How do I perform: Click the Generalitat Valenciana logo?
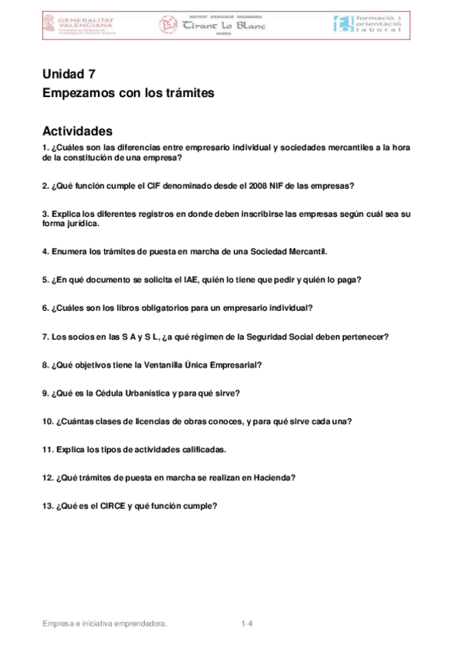click(x=79, y=25)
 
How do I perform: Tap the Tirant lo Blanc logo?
click(x=212, y=25)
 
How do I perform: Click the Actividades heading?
click(x=78, y=131)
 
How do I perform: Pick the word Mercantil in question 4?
click(x=308, y=251)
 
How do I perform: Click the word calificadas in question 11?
click(x=203, y=449)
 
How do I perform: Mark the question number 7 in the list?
click(x=46, y=336)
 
